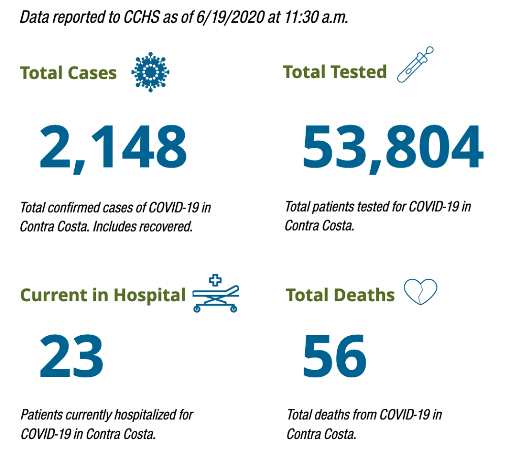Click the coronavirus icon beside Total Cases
point(150,73)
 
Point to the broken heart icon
point(420,292)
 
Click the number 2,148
point(113,148)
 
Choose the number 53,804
point(393,148)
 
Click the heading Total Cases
point(69,73)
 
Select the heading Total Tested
point(335,72)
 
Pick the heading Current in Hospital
point(103,295)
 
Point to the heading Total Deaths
point(340,295)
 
